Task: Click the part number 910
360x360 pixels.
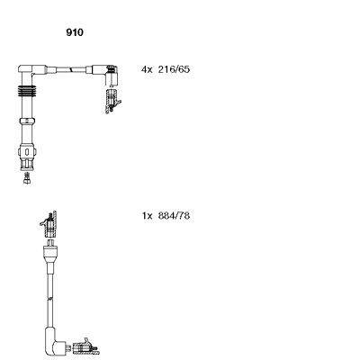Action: pyautogui.click(x=75, y=32)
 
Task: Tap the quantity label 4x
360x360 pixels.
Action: pyautogui.click(x=147, y=69)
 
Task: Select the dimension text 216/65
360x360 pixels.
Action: pyautogui.click(x=174, y=69)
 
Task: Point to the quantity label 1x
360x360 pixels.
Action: pyautogui.click(x=148, y=216)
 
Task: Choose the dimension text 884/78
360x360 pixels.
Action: pyautogui.click(x=174, y=216)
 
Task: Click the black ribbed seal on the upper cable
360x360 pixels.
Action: pyautogui.click(x=27, y=91)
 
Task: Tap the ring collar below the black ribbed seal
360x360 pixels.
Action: pyautogui.click(x=27, y=121)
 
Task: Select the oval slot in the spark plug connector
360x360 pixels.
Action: pyautogui.click(x=27, y=151)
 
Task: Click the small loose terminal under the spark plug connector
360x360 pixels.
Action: pyautogui.click(x=27, y=178)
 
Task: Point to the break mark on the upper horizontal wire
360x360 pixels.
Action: pyautogui.click(x=71, y=69)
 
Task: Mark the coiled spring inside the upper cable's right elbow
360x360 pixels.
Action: pyautogui.click(x=112, y=69)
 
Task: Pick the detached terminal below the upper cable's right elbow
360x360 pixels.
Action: pyautogui.click(x=113, y=101)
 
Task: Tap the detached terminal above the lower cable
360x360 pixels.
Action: pyautogui.click(x=49, y=224)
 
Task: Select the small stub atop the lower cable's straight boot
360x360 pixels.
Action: pyautogui.click(x=50, y=242)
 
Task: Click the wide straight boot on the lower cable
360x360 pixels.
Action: pyautogui.click(x=50, y=255)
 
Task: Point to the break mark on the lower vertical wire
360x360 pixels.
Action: pyautogui.click(x=50, y=299)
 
